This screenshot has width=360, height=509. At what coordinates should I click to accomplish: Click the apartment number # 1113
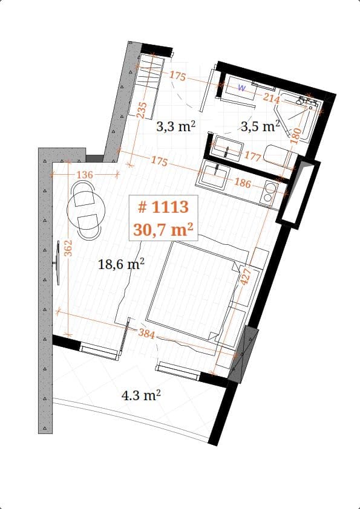[x=163, y=207]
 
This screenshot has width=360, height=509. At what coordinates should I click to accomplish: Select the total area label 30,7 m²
[x=163, y=229]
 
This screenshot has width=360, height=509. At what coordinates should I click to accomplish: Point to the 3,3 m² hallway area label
[x=175, y=126]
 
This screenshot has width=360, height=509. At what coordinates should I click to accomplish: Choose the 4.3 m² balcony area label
[x=141, y=396]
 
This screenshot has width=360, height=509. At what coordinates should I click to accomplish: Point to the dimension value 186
[x=242, y=183]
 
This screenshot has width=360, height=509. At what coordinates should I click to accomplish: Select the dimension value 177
[x=252, y=156]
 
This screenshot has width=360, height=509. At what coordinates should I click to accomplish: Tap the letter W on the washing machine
[x=241, y=88]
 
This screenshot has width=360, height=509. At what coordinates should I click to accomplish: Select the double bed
[x=194, y=290]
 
